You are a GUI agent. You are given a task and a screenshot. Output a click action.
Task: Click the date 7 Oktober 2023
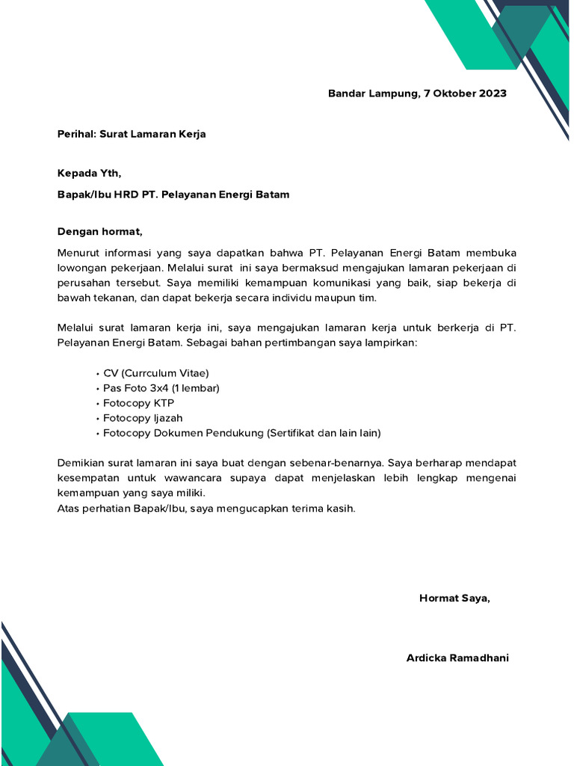(x=465, y=94)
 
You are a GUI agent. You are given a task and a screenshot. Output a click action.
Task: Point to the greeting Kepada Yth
(x=89, y=174)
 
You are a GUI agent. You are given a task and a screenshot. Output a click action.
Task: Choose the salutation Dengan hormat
(x=99, y=231)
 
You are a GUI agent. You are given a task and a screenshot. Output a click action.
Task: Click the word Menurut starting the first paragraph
(x=80, y=253)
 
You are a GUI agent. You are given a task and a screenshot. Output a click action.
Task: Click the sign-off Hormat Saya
(x=455, y=598)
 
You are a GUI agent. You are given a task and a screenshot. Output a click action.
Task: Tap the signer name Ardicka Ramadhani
(x=457, y=658)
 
